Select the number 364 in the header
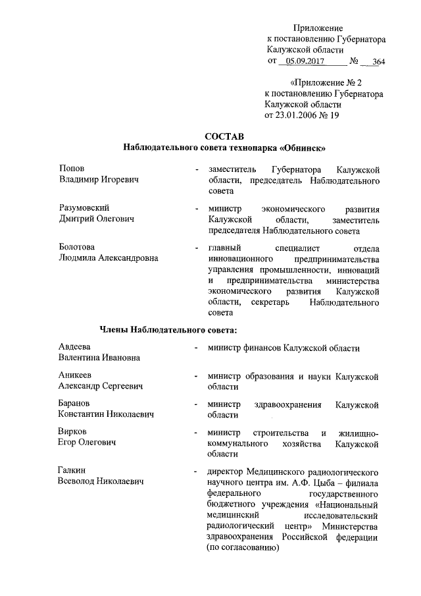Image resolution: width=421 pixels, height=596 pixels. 378,62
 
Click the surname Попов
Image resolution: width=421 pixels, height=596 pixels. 72,169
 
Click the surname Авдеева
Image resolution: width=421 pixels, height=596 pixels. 74,346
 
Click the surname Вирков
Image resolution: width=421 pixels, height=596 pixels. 73,432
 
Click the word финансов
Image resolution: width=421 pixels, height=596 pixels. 262,347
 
